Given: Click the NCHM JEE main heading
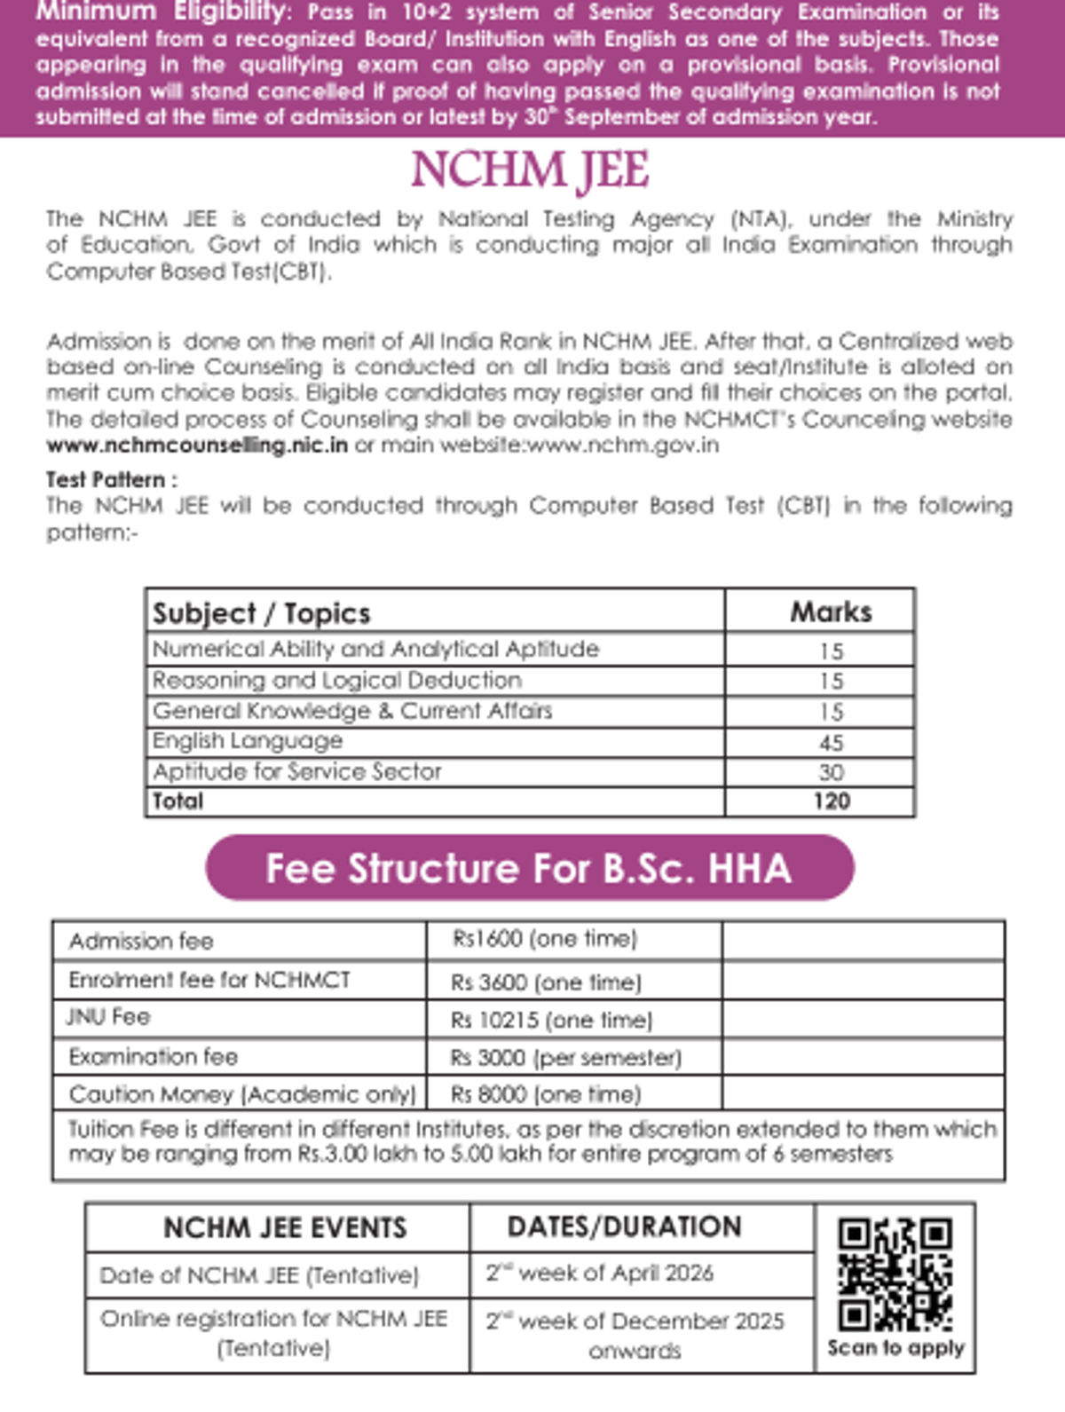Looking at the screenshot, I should (530, 170).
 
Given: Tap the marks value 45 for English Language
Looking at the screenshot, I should (831, 742).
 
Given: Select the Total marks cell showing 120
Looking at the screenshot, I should (831, 801).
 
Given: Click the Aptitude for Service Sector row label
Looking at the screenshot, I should (296, 771).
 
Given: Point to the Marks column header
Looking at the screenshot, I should (831, 611).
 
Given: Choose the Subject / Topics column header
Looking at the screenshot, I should (262, 612).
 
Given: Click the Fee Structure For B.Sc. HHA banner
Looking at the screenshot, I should (530, 868).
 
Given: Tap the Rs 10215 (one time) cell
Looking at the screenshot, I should (551, 1020).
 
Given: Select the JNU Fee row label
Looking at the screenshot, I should (108, 1017).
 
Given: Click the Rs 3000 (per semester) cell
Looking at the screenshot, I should (565, 1057).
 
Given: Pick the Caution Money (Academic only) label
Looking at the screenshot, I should (241, 1093).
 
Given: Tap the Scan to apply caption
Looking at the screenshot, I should (895, 1347).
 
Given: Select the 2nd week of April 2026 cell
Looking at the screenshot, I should (600, 1273).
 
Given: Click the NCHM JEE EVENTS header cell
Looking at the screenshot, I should (285, 1227).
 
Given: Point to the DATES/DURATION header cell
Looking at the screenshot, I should (624, 1227).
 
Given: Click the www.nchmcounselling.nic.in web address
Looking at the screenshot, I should (197, 445).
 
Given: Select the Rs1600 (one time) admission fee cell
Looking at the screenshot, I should (545, 939).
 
